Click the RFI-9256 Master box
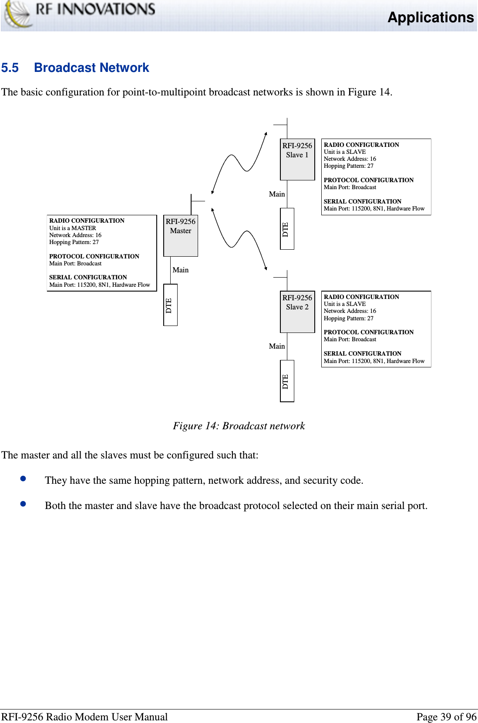tap(180, 235)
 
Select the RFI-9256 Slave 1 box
tap(297, 160)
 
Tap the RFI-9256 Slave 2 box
tap(297, 312)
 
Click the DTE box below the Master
tap(170, 305)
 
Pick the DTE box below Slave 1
tap(286, 229)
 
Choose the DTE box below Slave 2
tap(286, 381)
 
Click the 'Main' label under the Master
tap(180, 270)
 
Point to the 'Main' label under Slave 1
tap(276, 194)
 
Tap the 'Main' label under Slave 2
tap(276, 346)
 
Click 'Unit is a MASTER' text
tap(73, 228)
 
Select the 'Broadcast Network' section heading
tap(91, 68)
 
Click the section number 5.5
tap(10, 68)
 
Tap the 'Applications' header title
tap(430, 17)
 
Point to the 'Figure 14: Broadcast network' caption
tap(239, 426)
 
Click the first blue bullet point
tap(24, 479)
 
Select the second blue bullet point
tap(24, 504)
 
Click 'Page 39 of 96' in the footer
tap(446, 717)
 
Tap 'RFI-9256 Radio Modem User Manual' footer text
tap(84, 717)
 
